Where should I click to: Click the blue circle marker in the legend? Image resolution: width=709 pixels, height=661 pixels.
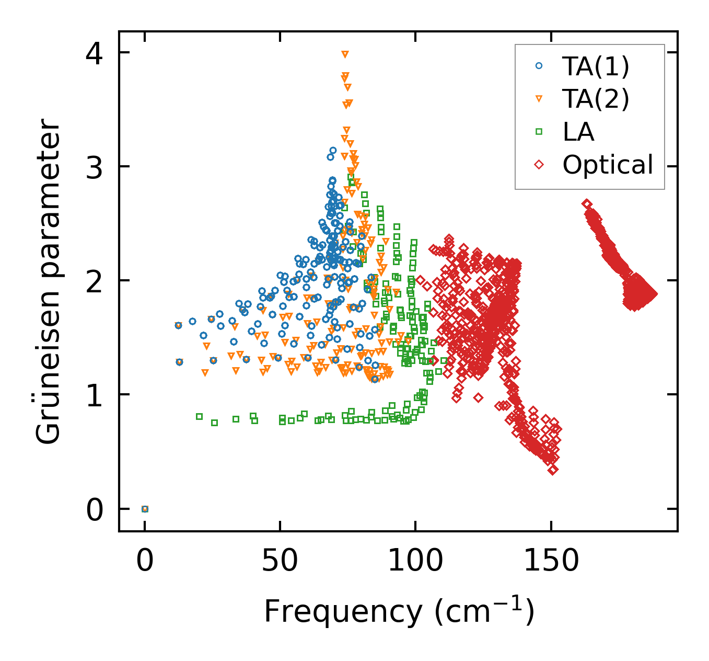tap(539, 66)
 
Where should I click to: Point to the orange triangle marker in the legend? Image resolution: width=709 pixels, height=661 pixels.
tap(539, 98)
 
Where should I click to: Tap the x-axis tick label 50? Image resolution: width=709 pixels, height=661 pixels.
tap(280, 561)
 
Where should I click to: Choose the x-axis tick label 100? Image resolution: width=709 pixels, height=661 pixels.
tap(415, 561)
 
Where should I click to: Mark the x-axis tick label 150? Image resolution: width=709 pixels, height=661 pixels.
tap(551, 561)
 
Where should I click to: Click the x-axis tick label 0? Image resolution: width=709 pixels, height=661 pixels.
tap(145, 561)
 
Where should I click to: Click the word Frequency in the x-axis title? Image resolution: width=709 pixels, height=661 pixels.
tap(342, 611)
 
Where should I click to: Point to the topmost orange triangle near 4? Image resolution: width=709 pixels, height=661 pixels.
tap(345, 54)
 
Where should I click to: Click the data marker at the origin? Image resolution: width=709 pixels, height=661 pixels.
tap(145, 509)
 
